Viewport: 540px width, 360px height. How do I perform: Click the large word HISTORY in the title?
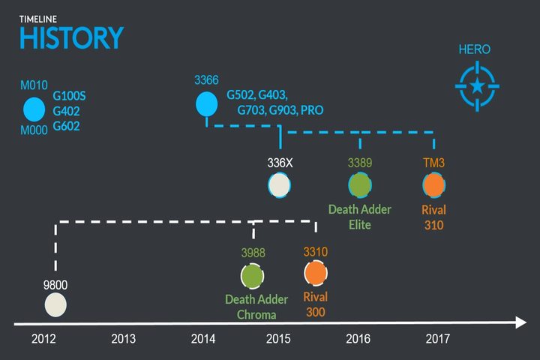(72, 37)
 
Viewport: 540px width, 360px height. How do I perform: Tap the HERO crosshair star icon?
(477, 85)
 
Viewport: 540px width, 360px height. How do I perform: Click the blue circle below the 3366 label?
(207, 103)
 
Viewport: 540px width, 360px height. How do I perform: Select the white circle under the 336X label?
(279, 185)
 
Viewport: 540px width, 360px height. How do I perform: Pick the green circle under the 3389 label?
(360, 185)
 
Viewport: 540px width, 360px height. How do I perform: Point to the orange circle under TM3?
(434, 185)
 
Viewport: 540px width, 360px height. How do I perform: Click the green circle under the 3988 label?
(253, 276)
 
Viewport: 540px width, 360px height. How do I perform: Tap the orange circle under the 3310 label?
(316, 273)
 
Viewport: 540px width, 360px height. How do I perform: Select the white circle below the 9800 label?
(55, 305)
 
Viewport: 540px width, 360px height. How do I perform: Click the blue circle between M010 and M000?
(34, 109)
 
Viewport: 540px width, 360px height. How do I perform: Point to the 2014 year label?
(203, 339)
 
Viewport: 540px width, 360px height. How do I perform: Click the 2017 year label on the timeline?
(438, 339)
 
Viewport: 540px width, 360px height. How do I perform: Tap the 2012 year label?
(43, 339)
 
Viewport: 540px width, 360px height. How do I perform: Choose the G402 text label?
(66, 111)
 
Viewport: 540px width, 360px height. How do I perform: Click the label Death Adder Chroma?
(256, 307)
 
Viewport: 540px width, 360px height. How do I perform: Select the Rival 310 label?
(434, 217)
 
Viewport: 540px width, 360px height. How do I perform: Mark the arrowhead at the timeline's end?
(521, 322)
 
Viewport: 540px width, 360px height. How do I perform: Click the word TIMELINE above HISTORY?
(38, 19)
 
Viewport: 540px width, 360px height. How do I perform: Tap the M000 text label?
(34, 130)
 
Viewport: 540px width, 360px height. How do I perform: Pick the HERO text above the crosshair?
(475, 49)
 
